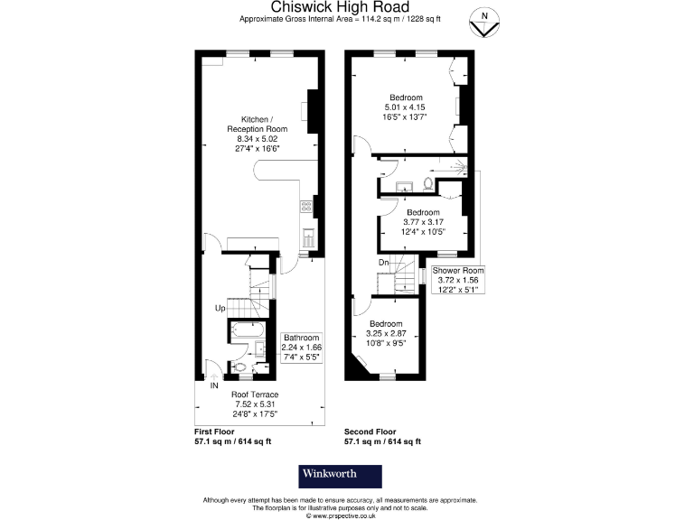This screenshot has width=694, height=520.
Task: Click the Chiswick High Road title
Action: (347, 8)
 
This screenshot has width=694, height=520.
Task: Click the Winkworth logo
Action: (341, 476)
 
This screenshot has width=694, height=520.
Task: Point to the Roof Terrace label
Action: (254, 395)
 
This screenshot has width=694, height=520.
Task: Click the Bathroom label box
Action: (302, 347)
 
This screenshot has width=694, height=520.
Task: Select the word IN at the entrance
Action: (214, 385)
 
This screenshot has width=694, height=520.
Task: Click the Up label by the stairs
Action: (219, 308)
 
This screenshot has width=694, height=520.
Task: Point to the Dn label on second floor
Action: (384, 263)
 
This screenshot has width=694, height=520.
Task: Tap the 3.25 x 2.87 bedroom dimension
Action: (386, 332)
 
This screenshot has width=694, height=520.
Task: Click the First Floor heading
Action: (217, 432)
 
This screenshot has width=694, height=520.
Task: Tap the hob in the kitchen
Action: (306, 206)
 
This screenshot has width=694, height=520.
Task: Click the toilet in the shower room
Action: (427, 187)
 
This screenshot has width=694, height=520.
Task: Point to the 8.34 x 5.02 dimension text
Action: (255, 139)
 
